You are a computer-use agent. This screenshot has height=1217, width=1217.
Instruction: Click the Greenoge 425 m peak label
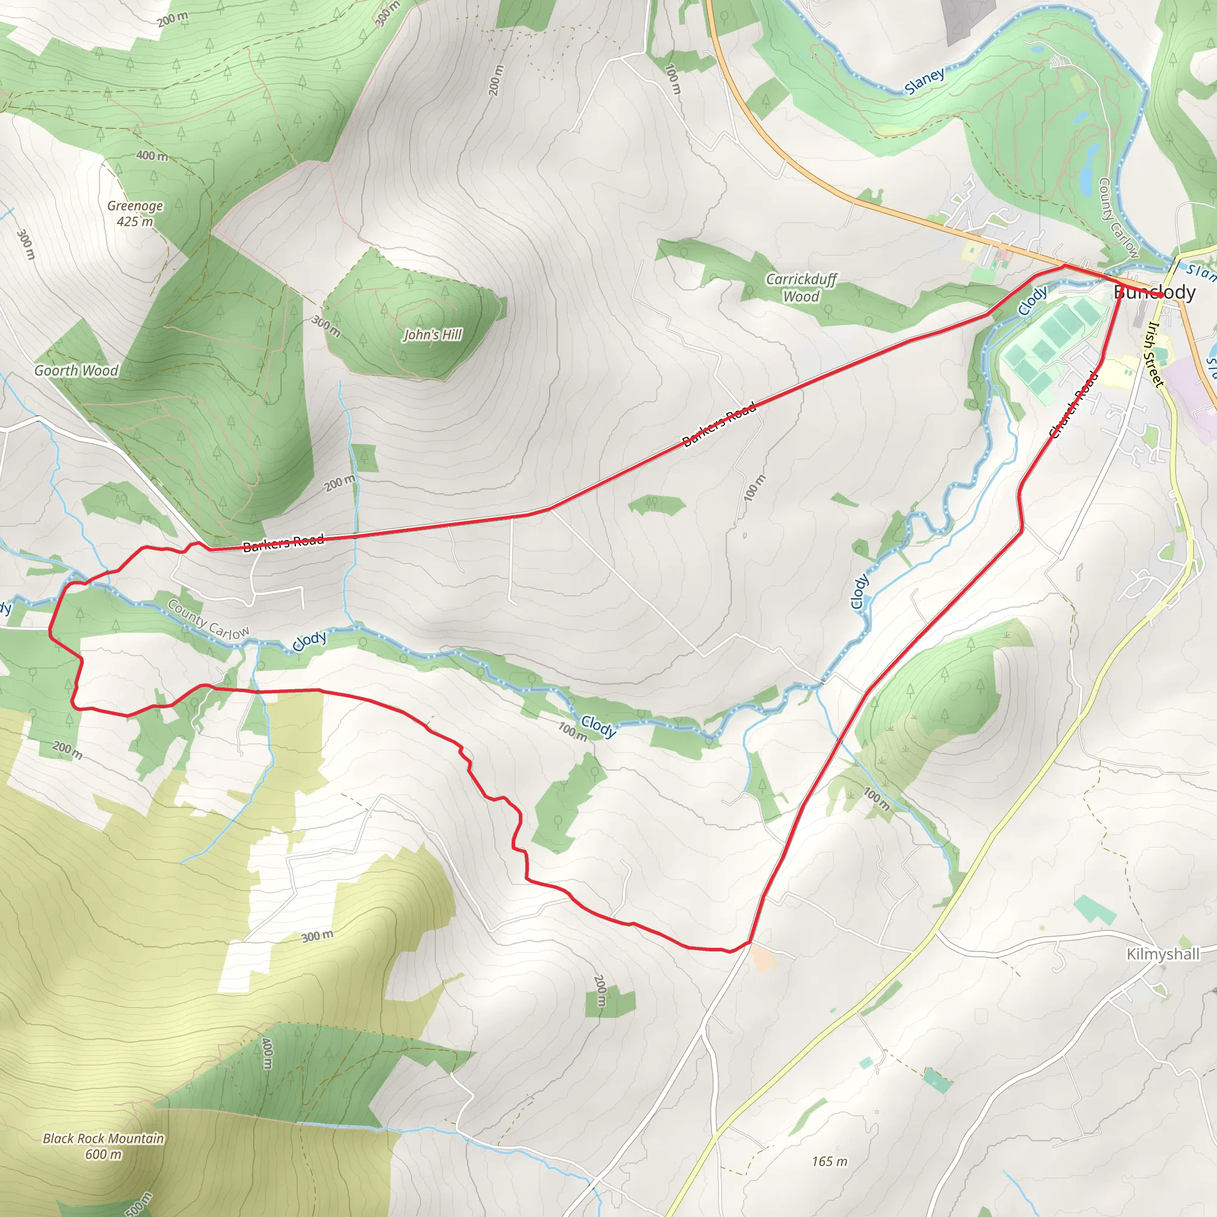pos(135,213)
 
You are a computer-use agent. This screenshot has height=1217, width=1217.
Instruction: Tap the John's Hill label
pos(433,335)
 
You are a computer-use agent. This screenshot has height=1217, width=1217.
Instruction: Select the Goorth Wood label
pos(76,370)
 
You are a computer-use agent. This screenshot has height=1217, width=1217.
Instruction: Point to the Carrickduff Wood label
pos(800,287)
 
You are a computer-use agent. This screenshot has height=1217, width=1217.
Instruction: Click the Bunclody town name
pos(1154,292)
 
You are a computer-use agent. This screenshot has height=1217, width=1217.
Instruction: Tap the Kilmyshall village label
pos(1163,954)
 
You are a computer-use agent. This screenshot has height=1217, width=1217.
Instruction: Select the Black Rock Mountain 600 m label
pos(103,1146)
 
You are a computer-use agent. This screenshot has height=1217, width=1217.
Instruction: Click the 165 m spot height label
pos(829,1161)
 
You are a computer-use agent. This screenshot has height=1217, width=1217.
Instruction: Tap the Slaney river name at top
pos(925,81)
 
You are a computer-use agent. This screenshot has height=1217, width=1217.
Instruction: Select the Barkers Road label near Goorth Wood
pos(283,543)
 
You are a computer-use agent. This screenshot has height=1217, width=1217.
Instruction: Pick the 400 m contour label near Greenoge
pos(152,155)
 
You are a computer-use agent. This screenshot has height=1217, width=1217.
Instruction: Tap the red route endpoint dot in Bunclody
pos(1161,295)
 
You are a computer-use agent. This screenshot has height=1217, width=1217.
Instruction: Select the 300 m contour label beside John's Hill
pos(326,326)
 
